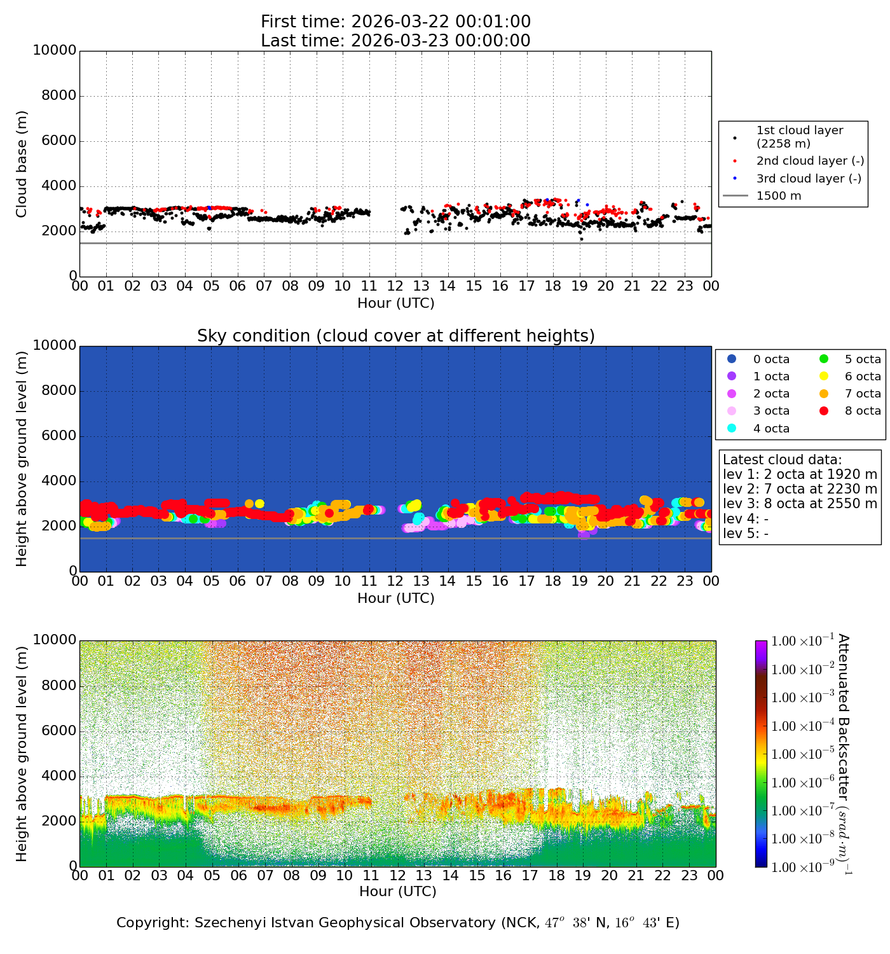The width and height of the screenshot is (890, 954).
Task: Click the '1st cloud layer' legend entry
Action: tap(799, 137)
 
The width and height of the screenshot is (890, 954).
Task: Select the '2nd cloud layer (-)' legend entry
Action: tap(810, 161)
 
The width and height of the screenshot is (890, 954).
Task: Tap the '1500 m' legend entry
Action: tap(779, 196)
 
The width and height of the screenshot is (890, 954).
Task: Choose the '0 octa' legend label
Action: tap(771, 359)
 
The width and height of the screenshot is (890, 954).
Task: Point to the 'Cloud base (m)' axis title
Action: tap(22, 164)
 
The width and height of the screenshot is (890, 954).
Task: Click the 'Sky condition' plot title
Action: tap(395, 336)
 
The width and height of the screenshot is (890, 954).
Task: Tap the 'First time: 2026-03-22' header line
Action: tap(395, 22)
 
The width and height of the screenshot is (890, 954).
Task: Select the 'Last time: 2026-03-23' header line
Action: tap(395, 41)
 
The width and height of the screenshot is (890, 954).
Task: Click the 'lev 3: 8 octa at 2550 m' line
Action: tap(800, 504)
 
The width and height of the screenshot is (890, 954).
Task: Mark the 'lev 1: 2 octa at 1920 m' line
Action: tap(800, 474)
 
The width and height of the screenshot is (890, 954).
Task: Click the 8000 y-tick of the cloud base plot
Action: tap(58, 96)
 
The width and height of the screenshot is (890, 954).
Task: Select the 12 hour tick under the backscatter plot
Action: tap(397, 876)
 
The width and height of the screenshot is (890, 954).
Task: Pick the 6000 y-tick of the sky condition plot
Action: tap(58, 436)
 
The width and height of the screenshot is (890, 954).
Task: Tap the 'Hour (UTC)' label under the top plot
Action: tap(395, 303)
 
